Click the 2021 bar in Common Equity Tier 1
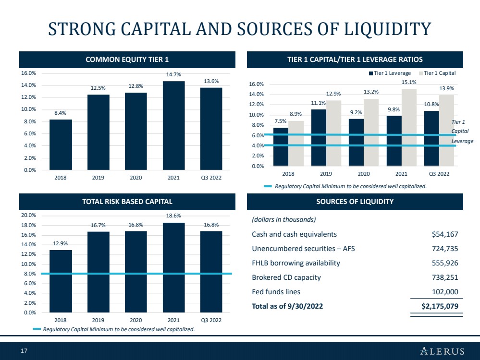point(173,125)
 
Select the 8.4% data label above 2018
point(61,113)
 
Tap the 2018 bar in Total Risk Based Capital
point(61,281)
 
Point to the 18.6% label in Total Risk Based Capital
point(173,216)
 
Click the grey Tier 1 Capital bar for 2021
point(409,128)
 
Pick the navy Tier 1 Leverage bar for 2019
point(319,138)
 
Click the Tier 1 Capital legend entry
point(437,73)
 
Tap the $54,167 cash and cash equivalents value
point(445,234)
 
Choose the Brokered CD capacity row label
point(286,277)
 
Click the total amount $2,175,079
point(440,306)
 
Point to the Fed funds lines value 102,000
point(445,292)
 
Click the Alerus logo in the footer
point(443,351)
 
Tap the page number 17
point(24,351)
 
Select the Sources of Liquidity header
point(355,202)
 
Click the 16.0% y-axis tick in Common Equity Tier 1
point(28,73)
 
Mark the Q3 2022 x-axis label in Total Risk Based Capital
point(211,320)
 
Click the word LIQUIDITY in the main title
point(388,29)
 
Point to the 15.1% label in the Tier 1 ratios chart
point(409,82)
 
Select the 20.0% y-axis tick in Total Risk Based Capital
point(28,216)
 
